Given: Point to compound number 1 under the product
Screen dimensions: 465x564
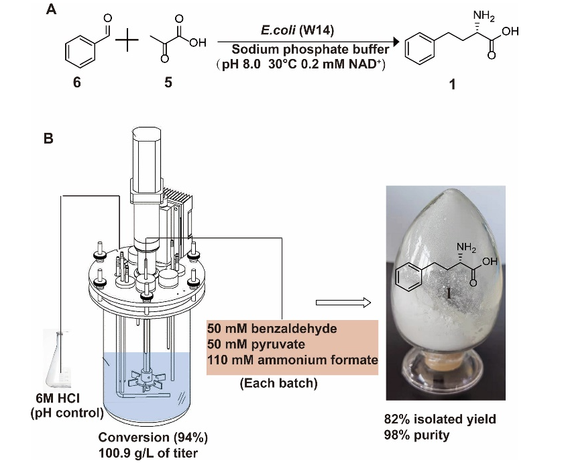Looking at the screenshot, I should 451,87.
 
